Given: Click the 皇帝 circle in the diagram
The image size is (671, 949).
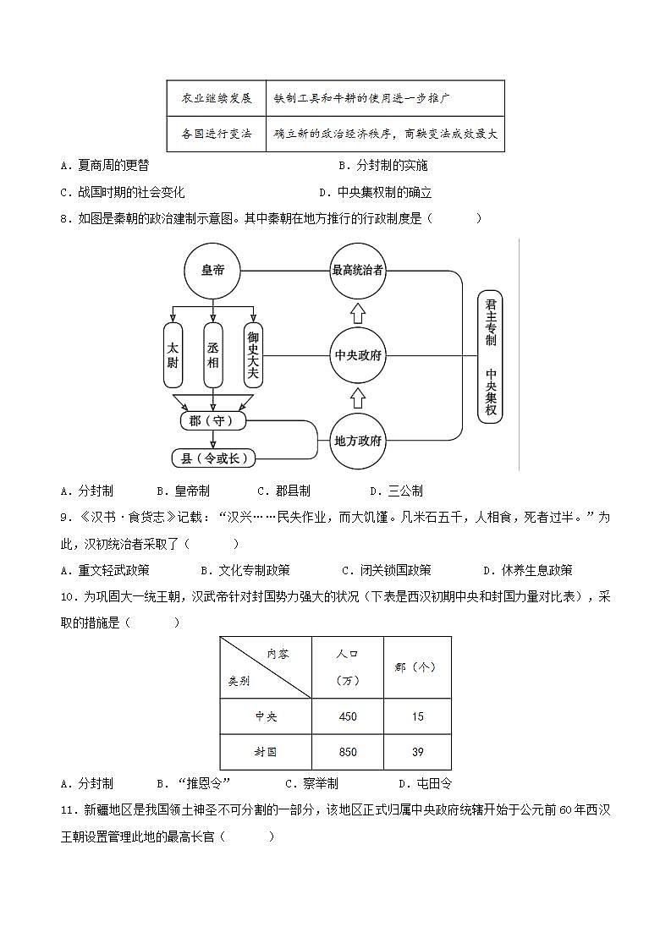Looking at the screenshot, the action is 212,271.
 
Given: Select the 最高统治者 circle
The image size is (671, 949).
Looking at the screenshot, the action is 357,271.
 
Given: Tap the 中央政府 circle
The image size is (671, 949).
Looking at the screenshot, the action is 357,355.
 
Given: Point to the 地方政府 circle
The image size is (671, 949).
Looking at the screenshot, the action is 357,441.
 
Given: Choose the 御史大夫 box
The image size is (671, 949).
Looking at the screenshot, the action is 253,349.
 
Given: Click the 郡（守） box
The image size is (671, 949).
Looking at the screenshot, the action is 213,420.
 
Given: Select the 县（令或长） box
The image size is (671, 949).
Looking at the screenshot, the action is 213,458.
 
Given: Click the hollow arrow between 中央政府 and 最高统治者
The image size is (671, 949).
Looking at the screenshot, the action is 357,314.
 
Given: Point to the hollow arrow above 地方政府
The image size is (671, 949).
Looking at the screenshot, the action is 357,398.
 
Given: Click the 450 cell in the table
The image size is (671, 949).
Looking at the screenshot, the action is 348,716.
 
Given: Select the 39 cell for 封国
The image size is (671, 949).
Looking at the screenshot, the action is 416,752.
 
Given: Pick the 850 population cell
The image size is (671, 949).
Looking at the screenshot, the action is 348,752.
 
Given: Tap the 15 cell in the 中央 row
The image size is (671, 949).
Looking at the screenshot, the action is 416,716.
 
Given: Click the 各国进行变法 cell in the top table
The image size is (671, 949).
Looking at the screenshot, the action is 217,134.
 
